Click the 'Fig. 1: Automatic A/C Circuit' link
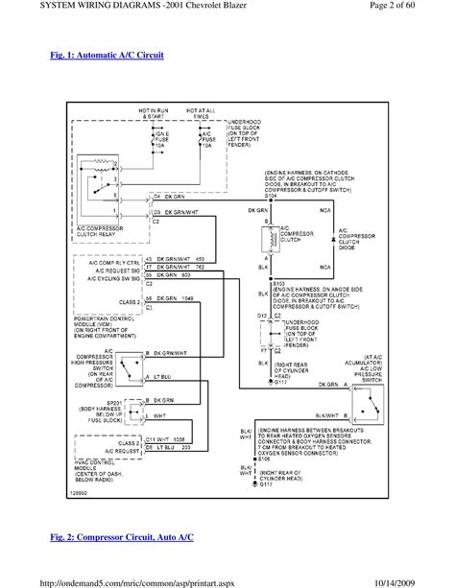click(108, 56)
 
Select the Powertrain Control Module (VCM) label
click(99, 326)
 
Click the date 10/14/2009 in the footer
click(419, 580)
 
